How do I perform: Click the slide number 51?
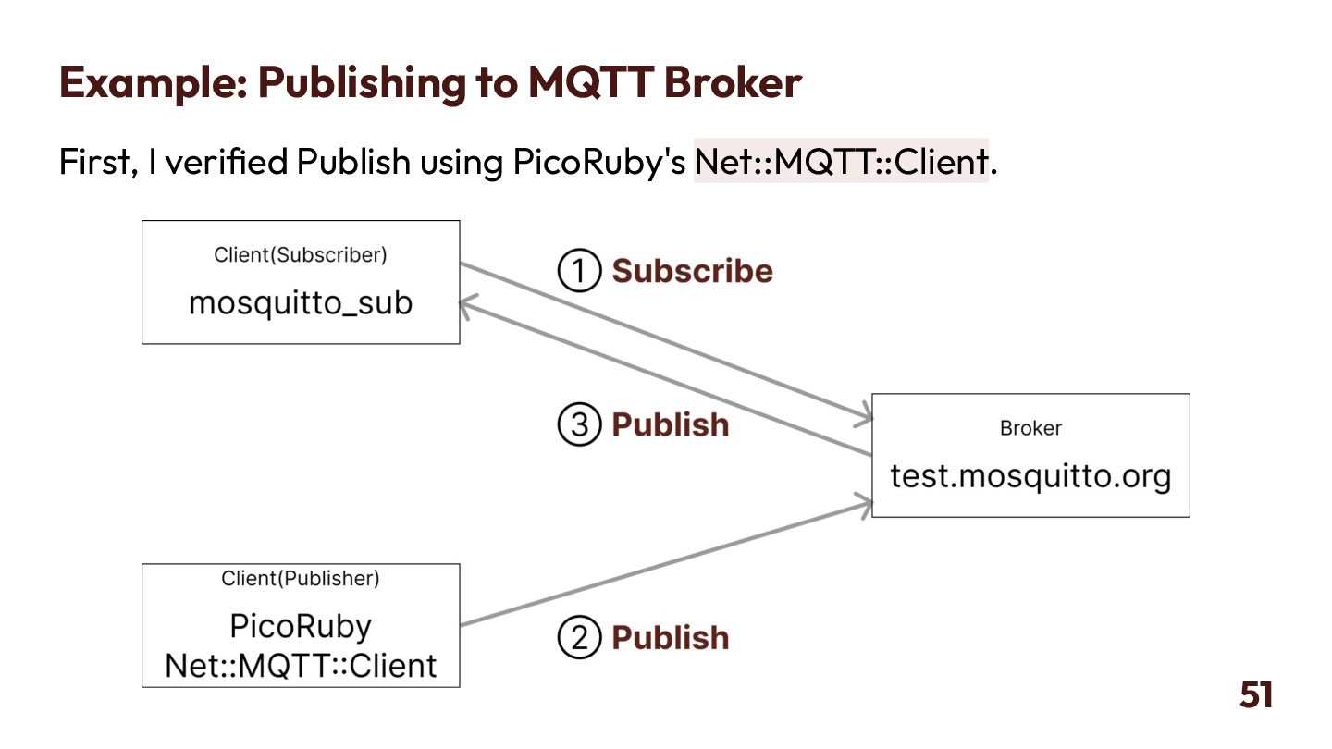click(1256, 694)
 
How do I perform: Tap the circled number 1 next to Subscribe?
click(579, 271)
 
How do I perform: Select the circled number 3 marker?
click(579, 424)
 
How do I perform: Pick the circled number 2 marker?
click(579, 638)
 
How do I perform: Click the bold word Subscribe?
click(692, 271)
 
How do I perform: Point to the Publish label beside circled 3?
click(671, 424)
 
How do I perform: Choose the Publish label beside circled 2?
click(671, 638)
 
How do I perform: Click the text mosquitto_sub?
click(301, 302)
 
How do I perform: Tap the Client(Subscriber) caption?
click(301, 254)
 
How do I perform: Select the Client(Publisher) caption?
click(301, 579)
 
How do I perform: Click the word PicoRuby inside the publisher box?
click(301, 626)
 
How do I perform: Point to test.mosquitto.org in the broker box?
click(1030, 476)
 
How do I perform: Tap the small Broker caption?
click(1030, 428)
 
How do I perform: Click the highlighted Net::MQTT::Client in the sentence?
click(841, 161)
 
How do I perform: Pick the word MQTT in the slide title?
click(590, 82)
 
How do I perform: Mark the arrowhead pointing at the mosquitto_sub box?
click(465, 307)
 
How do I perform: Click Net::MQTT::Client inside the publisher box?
click(301, 665)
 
